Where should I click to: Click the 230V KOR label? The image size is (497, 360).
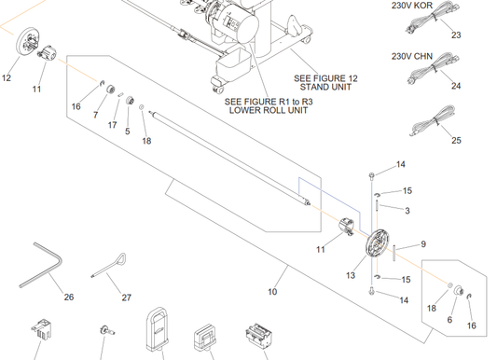coord(412,6)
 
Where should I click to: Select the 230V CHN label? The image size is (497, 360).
coord(412,56)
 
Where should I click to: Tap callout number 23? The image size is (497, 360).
coord(456,35)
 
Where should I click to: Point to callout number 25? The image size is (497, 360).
coord(456,140)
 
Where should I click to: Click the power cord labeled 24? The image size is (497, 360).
coord(434,68)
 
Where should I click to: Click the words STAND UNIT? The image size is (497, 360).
coord(325,87)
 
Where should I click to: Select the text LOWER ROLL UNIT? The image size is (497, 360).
coord(269,110)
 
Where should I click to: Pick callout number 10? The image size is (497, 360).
coord(272,292)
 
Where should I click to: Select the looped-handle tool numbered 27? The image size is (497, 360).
coord(109,266)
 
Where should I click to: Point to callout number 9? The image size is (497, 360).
coord(423,244)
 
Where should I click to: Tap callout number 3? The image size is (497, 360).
coord(407,211)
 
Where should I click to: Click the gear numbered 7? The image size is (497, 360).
coord(110,90)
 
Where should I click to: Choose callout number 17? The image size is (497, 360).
coord(112,125)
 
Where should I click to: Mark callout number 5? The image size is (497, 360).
coord(128,132)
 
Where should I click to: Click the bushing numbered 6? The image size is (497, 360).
coord(459,290)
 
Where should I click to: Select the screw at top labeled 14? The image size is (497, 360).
coord(372,175)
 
